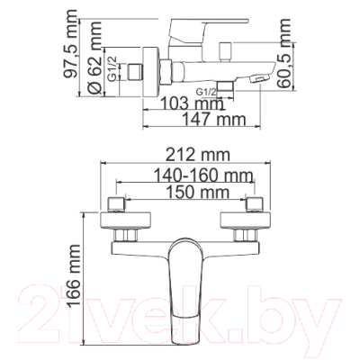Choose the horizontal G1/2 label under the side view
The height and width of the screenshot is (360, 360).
pos(209,90)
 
